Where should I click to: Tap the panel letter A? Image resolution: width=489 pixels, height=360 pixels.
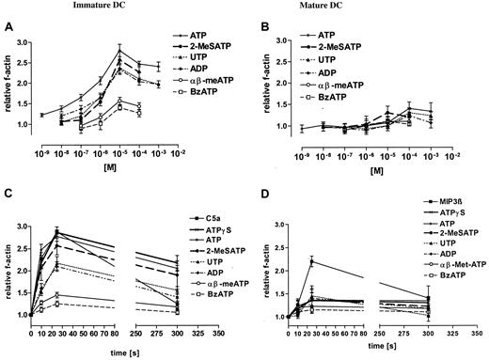tap(8, 26)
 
